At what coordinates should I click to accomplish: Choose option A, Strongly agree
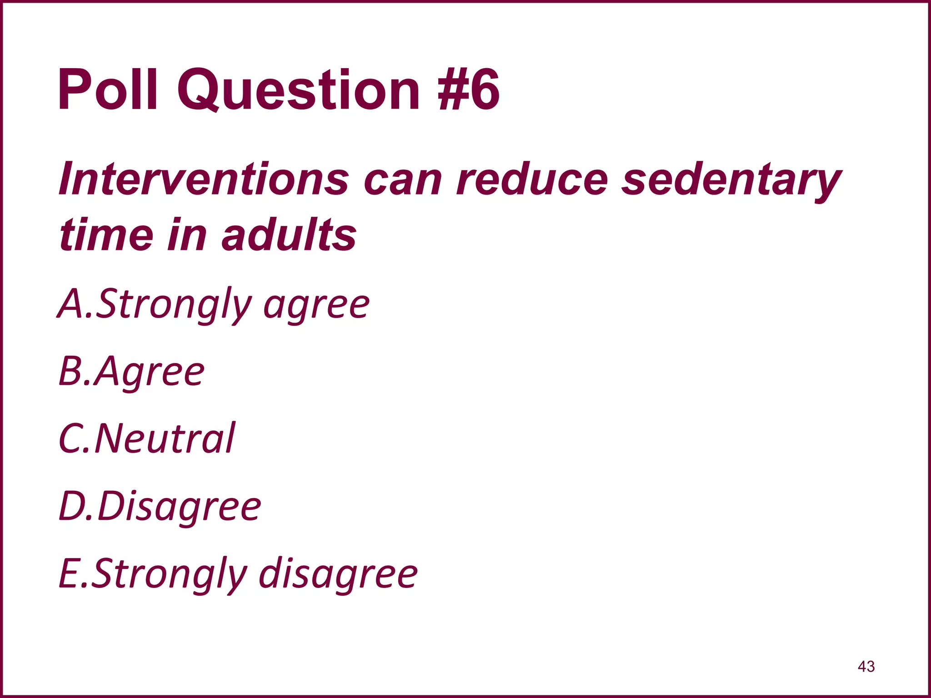click(214, 304)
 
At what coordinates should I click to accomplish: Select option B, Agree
click(132, 372)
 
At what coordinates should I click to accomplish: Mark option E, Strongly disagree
click(238, 573)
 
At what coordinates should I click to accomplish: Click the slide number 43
click(866, 666)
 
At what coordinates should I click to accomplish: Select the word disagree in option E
click(338, 573)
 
